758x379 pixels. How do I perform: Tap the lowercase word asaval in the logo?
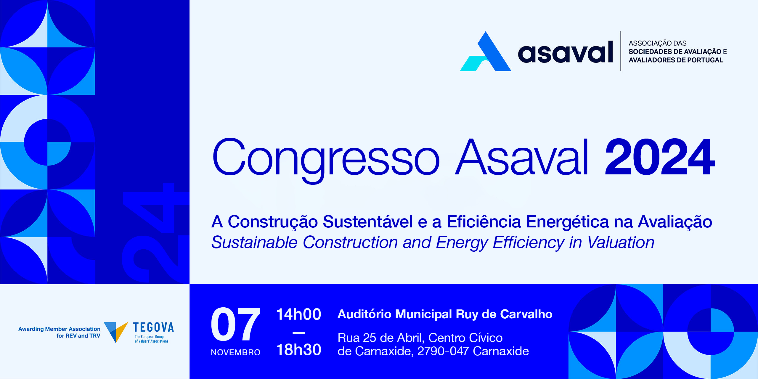[565, 52]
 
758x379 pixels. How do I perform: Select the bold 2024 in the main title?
[660, 157]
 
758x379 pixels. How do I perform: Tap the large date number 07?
[236, 324]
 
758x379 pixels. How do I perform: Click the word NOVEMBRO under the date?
[236, 352]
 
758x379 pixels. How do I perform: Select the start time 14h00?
[298, 314]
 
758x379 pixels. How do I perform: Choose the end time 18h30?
[298, 350]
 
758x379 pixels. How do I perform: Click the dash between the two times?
[298, 333]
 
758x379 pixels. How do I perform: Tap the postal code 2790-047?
[443, 351]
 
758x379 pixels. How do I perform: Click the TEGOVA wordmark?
[153, 327]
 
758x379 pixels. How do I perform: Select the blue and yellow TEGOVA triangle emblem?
[116, 332]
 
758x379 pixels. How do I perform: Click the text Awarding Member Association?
[59, 329]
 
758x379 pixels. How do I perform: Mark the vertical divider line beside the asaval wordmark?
[621, 51]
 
